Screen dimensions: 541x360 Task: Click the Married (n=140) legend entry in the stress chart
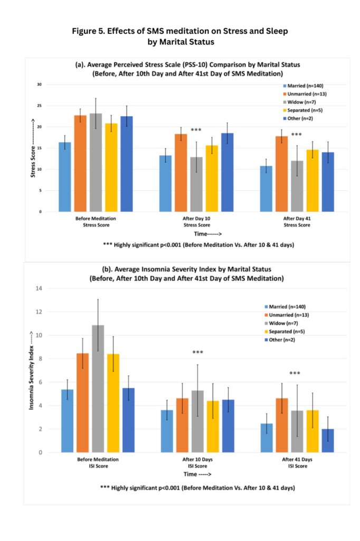click(297, 85)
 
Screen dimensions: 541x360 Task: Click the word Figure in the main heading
click(86, 31)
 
